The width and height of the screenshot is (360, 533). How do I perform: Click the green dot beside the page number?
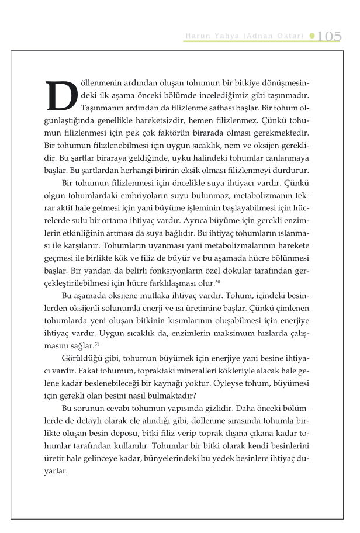[313, 36]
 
